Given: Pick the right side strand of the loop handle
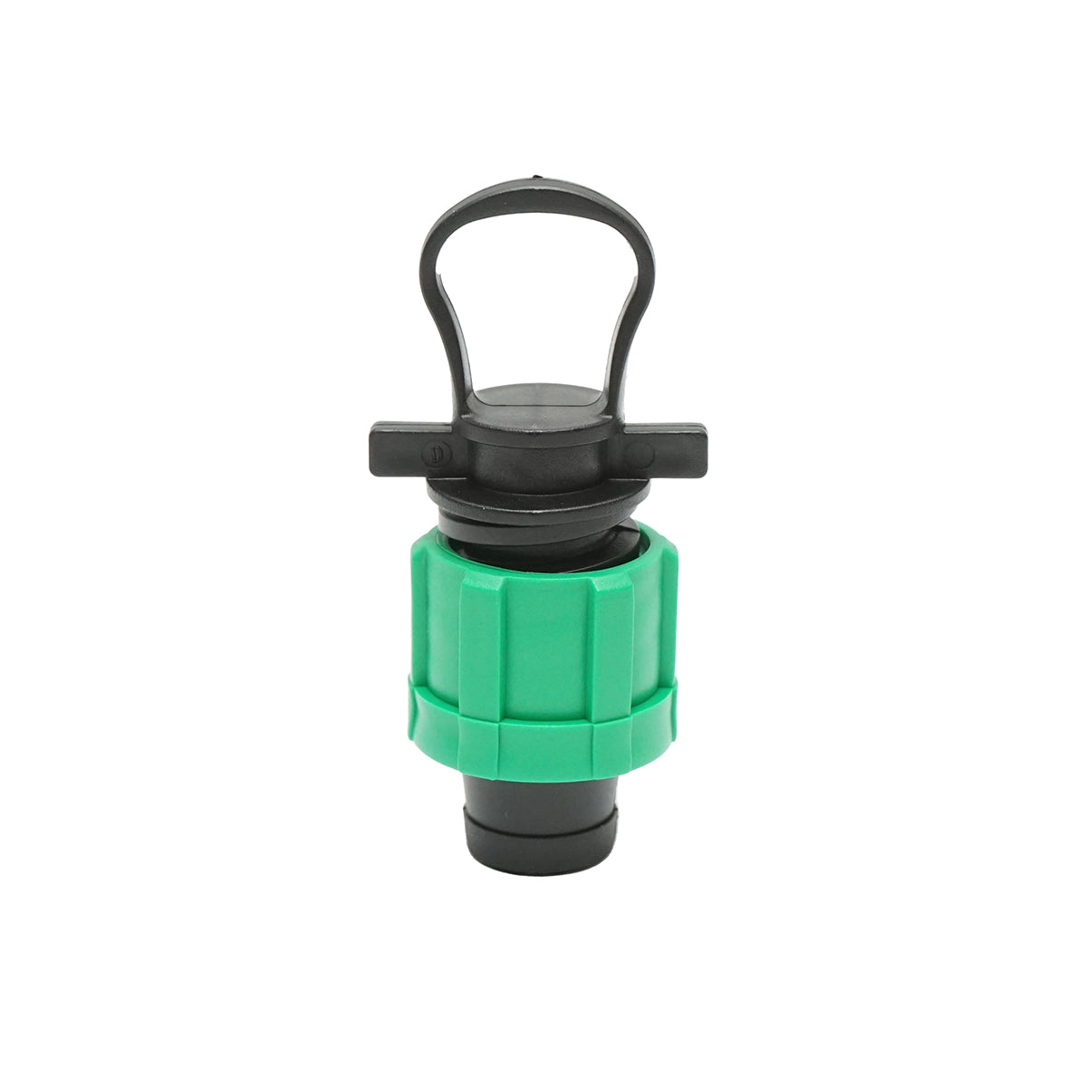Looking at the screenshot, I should click(x=640, y=299).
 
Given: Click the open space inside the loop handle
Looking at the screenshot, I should click(x=538, y=290).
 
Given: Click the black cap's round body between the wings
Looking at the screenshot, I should click(x=538, y=448).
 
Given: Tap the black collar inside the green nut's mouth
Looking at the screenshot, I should click(x=540, y=543).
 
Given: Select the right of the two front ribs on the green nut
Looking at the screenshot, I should click(x=610, y=634).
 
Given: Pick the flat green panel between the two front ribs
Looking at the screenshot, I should click(x=546, y=634).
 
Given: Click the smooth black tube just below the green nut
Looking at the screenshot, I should click(x=541, y=793).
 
